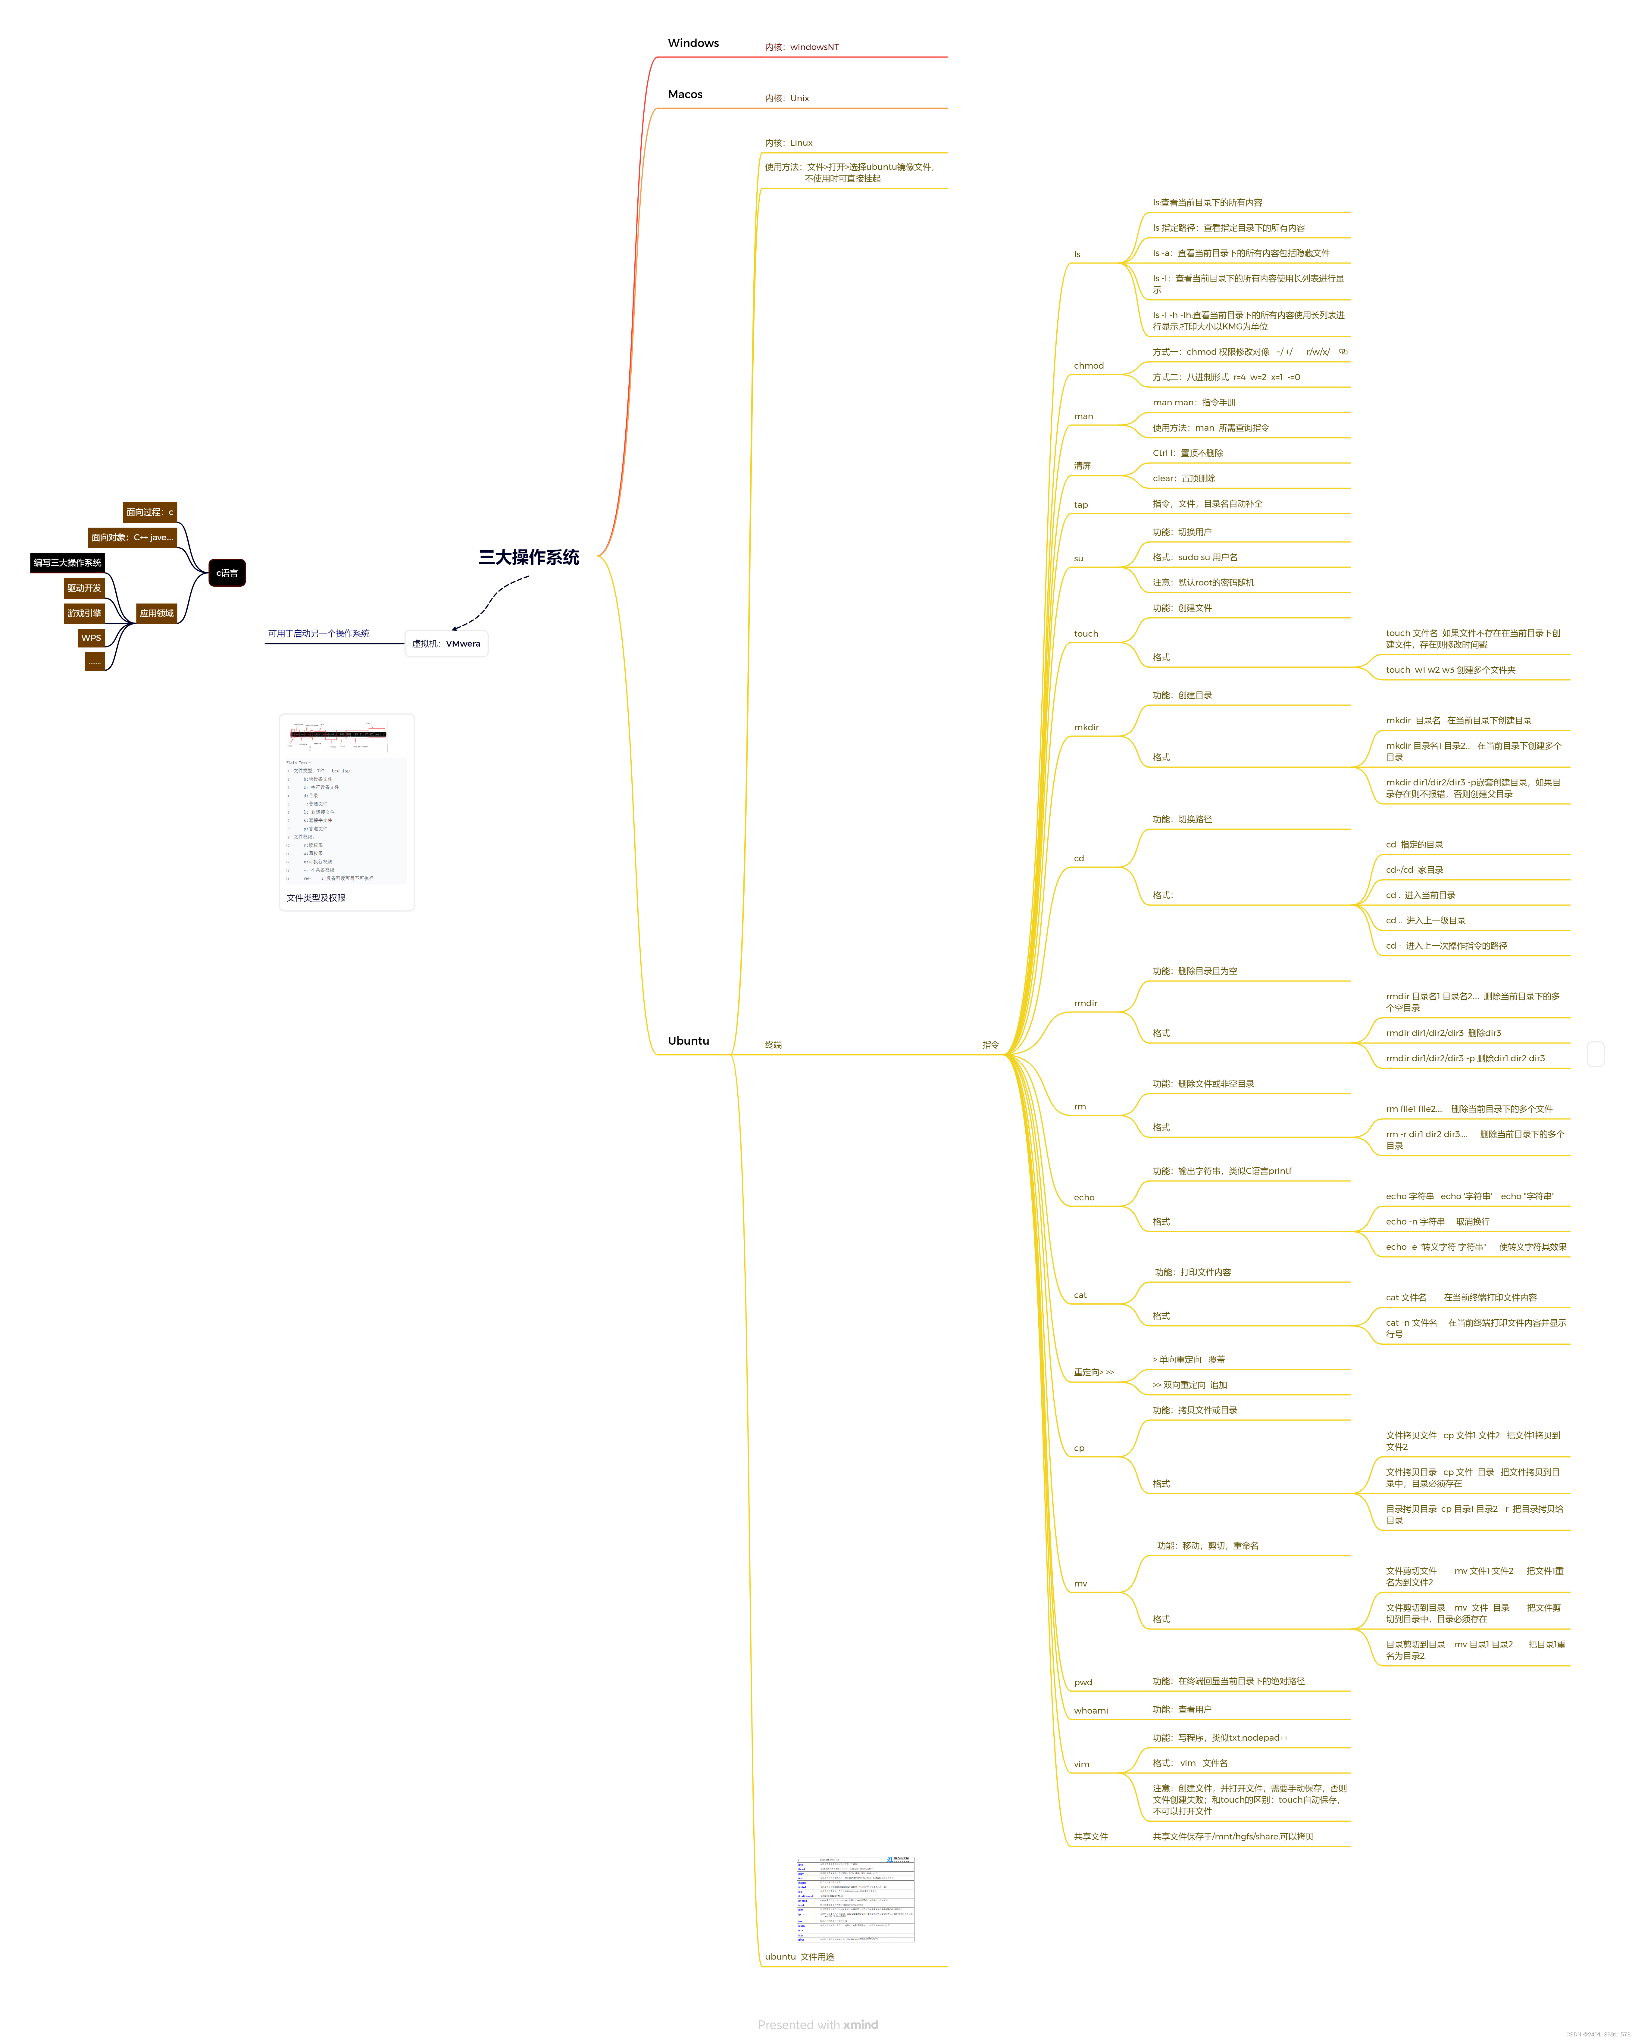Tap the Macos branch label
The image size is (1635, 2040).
pyautogui.click(x=685, y=95)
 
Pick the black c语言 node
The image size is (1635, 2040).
pyautogui.click(x=227, y=572)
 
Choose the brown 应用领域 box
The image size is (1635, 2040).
pyautogui.click(x=156, y=613)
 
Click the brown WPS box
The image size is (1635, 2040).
pyautogui.click(x=91, y=638)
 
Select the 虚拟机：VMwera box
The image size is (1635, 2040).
pyautogui.click(x=446, y=644)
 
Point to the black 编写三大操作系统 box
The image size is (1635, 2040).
pyautogui.click(x=67, y=563)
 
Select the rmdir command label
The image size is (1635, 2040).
pyautogui.click(x=1085, y=1003)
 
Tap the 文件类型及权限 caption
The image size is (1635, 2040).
pyautogui.click(x=316, y=898)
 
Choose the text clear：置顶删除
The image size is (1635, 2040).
pyautogui.click(x=1184, y=479)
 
